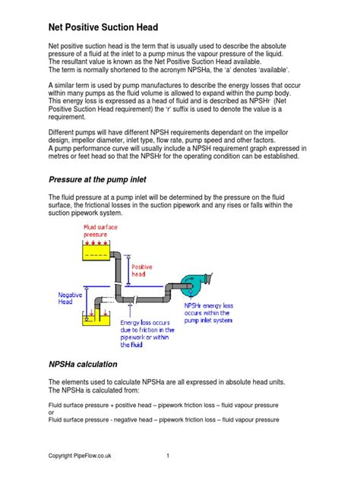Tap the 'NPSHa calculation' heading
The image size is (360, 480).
click(83, 364)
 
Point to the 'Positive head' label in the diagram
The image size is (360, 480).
click(142, 271)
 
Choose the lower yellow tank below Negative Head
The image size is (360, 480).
click(93, 318)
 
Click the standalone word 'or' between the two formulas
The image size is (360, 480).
click(51, 412)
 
